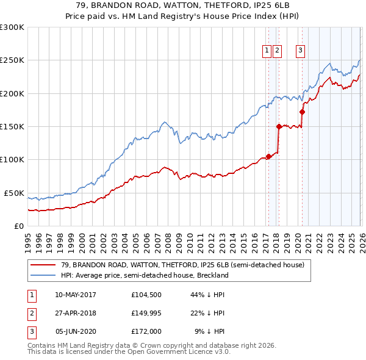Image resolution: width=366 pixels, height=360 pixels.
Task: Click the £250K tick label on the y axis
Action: click(12, 60)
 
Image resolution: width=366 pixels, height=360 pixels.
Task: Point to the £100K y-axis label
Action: click(12, 160)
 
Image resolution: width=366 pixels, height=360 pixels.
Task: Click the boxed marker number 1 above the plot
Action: click(267, 51)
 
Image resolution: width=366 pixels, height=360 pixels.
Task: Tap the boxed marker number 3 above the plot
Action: click(301, 51)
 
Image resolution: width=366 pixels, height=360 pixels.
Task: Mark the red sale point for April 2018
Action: click(279, 127)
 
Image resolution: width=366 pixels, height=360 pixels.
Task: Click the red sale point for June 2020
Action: click(302, 112)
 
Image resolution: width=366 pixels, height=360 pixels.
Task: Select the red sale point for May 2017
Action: click(268, 157)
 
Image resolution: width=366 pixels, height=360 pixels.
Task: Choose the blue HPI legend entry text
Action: click(144, 275)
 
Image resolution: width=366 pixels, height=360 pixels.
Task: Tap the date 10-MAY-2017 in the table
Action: click(75, 295)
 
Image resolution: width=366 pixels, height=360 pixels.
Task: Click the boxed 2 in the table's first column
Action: click(30, 313)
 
